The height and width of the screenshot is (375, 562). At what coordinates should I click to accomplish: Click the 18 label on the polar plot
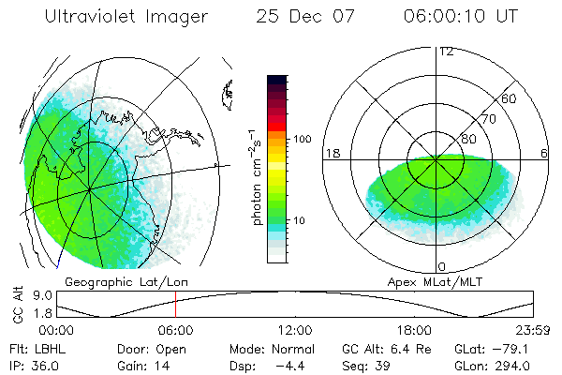331,152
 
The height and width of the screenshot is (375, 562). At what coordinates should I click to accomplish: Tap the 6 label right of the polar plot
544,153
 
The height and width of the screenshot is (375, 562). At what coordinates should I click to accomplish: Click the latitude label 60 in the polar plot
509,98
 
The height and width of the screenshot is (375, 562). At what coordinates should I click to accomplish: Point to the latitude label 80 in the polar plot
467,139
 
